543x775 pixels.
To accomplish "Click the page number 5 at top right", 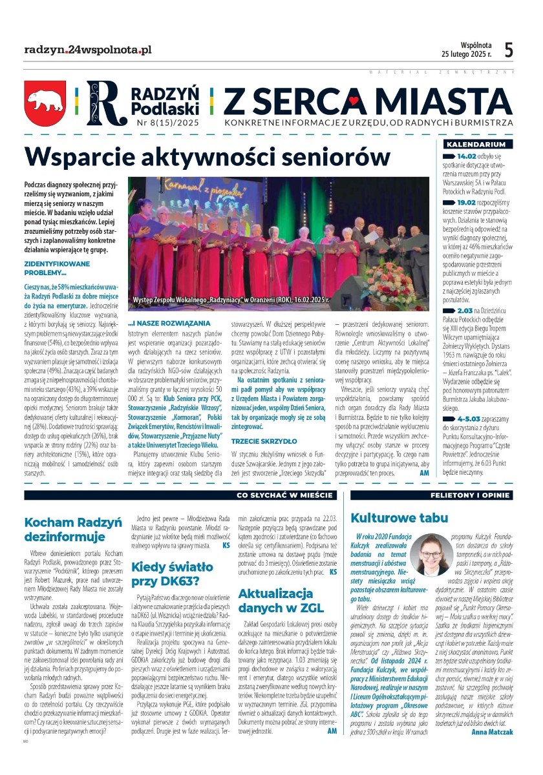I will [509, 50].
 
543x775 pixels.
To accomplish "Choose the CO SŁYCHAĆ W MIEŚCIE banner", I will [286, 495].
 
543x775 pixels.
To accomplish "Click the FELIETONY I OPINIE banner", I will [473, 495].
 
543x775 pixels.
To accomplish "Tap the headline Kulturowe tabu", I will [399, 518].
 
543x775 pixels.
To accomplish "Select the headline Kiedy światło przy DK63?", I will [172, 575].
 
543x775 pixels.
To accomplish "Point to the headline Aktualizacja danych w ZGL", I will [281, 601].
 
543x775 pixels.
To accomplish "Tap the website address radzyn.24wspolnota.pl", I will [87, 49].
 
